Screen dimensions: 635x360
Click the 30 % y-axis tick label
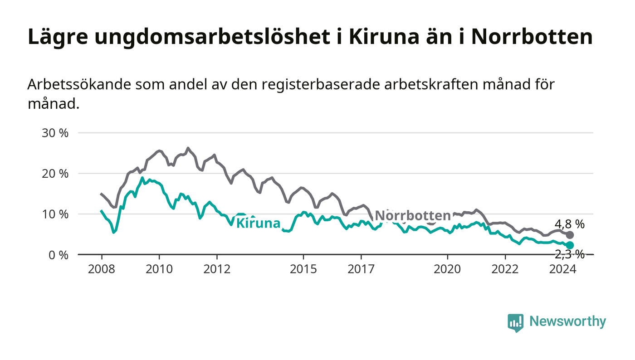(55, 133)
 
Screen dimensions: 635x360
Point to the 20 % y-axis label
(55, 174)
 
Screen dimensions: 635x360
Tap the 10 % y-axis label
(55, 214)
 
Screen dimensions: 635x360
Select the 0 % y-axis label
(59, 255)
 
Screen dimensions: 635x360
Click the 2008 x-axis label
(102, 269)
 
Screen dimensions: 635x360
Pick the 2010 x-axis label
(159, 269)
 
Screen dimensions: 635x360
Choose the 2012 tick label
(217, 269)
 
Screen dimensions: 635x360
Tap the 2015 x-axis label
(303, 269)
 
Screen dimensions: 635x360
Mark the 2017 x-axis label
(361, 269)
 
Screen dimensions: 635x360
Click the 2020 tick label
(447, 269)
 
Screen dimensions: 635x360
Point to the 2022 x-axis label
(505, 269)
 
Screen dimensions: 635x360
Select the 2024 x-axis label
(563, 269)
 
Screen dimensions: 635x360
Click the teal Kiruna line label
(258, 223)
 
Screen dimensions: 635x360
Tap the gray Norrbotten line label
(413, 216)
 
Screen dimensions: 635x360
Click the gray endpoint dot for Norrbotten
(570, 235)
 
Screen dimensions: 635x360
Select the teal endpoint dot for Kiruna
(570, 245)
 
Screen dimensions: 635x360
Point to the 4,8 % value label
(570, 224)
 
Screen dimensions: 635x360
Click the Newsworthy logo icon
(515, 323)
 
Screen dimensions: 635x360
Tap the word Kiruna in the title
(384, 37)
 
